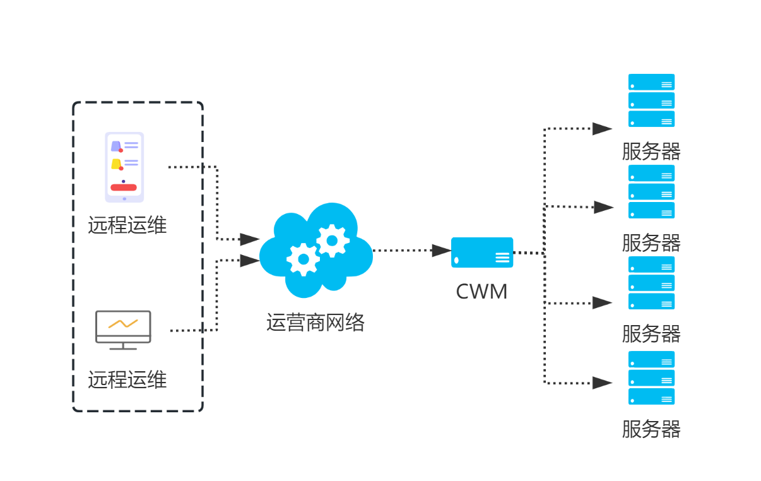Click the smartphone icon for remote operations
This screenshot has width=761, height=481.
124,167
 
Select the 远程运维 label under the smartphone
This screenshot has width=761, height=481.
127,225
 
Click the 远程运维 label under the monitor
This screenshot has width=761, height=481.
127,379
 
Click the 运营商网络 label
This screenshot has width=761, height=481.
316,323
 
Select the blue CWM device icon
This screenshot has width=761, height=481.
482,252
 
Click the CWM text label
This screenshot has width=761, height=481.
481,292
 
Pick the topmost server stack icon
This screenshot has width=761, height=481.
651,100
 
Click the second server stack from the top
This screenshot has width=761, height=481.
651,192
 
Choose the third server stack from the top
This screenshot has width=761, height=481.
651,283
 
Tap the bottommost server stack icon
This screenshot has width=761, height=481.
651,377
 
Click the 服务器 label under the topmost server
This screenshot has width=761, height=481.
651,151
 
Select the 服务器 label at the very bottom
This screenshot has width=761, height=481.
651,429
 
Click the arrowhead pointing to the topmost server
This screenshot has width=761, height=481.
602,129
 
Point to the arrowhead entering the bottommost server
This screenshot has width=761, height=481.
602,383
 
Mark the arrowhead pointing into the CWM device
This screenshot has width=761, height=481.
442,250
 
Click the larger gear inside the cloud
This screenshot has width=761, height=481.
304,259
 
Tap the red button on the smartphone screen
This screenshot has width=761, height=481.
124,187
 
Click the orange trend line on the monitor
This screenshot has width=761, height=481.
123,324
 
